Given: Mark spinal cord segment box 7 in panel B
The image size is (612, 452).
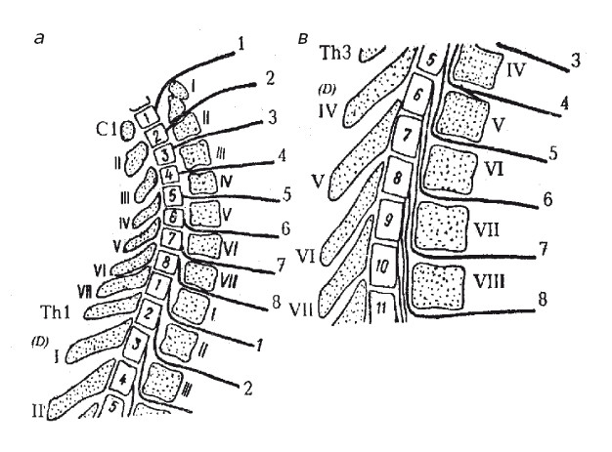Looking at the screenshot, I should point(399,132).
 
